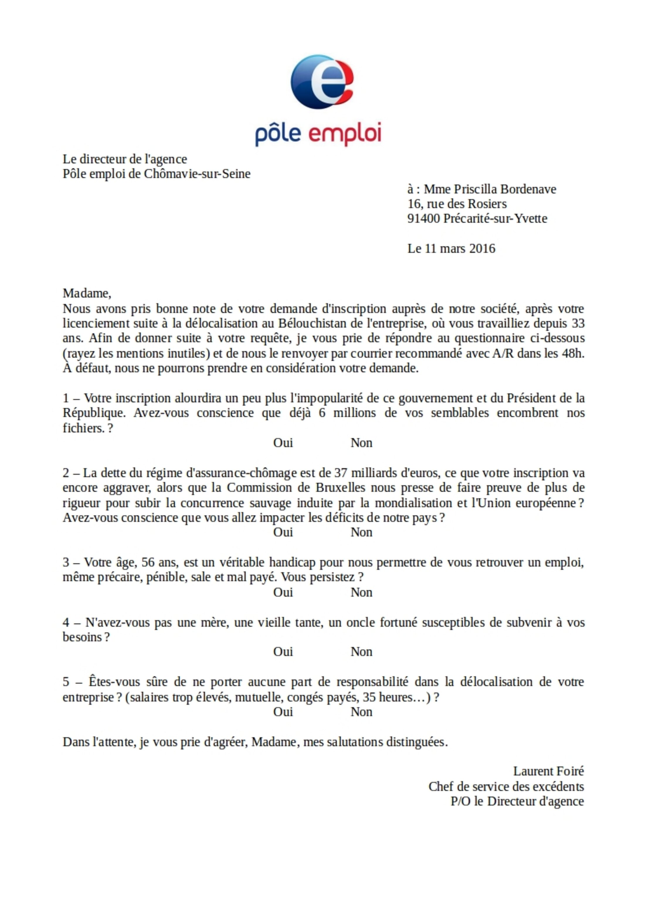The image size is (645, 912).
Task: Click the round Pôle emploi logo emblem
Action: click(322, 82)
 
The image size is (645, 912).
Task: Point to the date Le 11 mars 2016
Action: click(451, 249)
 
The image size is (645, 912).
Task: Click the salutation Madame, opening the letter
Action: click(87, 293)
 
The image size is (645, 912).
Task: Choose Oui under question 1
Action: click(283, 443)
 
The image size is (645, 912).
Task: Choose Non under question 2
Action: click(361, 532)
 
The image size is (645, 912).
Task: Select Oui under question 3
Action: click(283, 592)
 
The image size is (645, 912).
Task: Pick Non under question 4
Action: click(361, 652)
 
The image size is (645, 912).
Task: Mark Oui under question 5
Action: click(283, 712)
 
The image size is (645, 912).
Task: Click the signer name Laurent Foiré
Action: click(549, 771)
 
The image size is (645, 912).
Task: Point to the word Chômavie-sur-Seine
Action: click(197, 174)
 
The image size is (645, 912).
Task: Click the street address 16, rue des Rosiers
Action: click(457, 204)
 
